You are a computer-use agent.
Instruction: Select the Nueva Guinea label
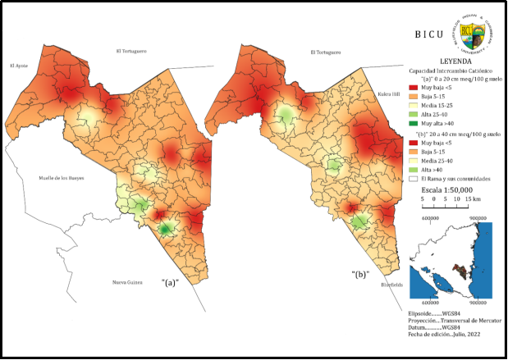click(x=129, y=283)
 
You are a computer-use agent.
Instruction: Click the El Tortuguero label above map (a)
click(x=130, y=51)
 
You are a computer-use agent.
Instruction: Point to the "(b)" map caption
click(x=360, y=271)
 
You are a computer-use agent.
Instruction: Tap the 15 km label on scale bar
click(x=472, y=199)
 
